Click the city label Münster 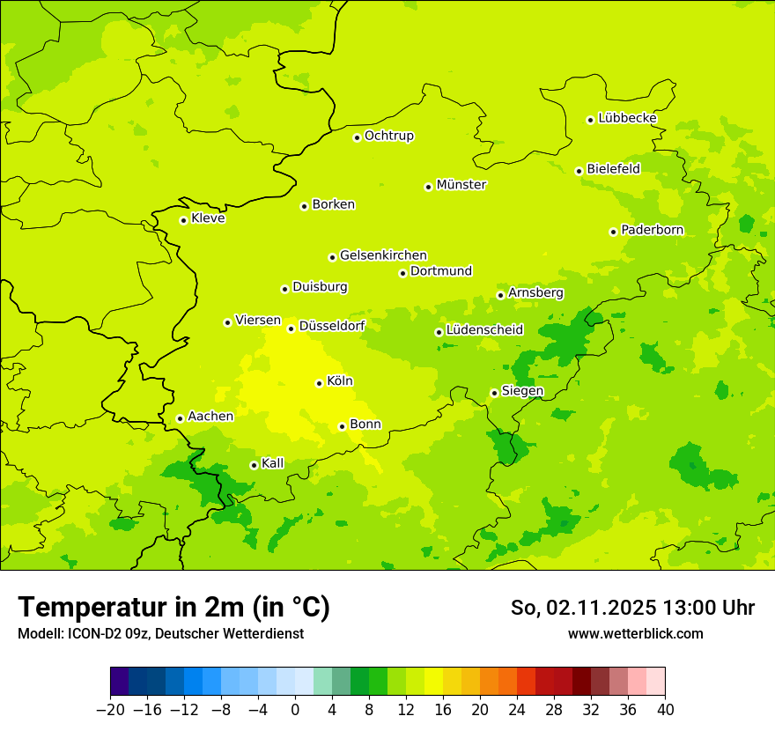[x=461, y=185]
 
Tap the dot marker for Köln [x=319, y=383]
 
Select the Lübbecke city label [x=627, y=118]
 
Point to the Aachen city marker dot [x=180, y=418]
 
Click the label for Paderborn [x=652, y=230]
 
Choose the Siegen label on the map [x=522, y=391]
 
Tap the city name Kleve [x=208, y=218]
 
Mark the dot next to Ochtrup [x=357, y=137]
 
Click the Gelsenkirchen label [x=383, y=255]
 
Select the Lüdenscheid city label [x=484, y=330]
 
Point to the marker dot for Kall [x=254, y=465]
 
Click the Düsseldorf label [x=332, y=326]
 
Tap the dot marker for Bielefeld [x=579, y=171]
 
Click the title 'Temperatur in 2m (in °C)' [x=173, y=607]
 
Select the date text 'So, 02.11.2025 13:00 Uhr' [x=632, y=608]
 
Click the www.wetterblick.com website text [x=635, y=633]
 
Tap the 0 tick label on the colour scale [x=295, y=710]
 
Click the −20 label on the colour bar [x=110, y=710]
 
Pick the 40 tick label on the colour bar [x=665, y=710]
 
